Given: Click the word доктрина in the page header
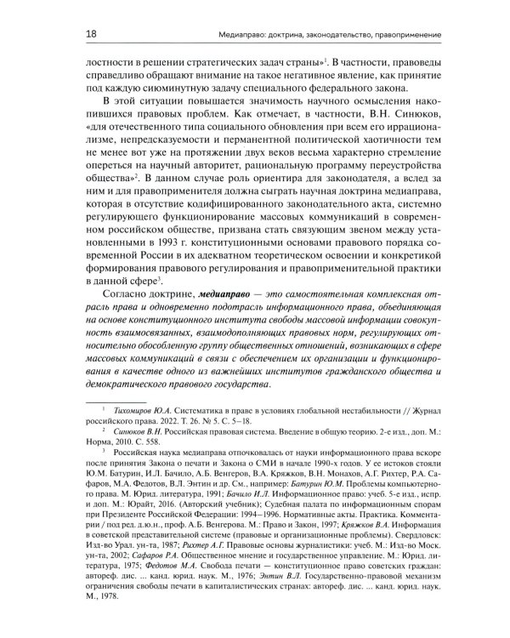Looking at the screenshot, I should click(x=269, y=34).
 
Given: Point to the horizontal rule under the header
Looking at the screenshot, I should click(x=255, y=45).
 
